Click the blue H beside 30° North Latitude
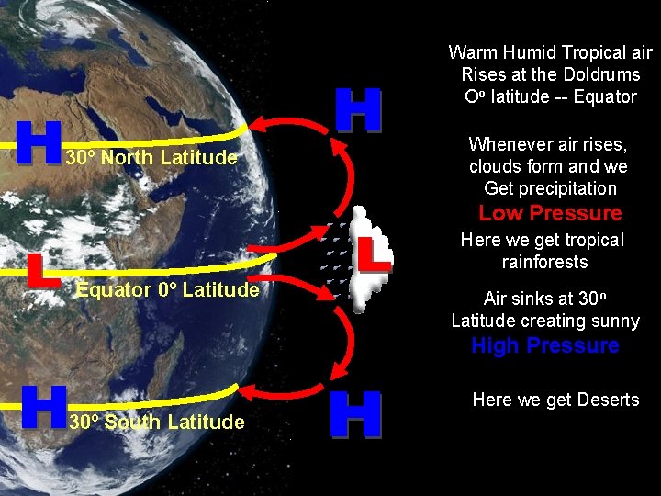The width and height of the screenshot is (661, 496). [x=39, y=142]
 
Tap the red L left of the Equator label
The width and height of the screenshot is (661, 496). [x=37, y=269]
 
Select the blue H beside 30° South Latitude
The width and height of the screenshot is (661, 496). [x=43, y=407]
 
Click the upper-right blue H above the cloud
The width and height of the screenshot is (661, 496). [x=357, y=110]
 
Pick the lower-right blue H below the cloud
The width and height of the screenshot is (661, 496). [x=354, y=414]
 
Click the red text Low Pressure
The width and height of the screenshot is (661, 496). [x=550, y=214]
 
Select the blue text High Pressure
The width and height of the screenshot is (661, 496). [x=544, y=346]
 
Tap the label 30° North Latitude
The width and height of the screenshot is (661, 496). [x=151, y=158]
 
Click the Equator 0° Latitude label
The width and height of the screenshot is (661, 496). [x=167, y=290]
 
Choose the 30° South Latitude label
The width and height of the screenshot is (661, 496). [x=156, y=423]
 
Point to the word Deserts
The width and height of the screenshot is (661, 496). [x=608, y=400]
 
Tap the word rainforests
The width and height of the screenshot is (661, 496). [x=544, y=263]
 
